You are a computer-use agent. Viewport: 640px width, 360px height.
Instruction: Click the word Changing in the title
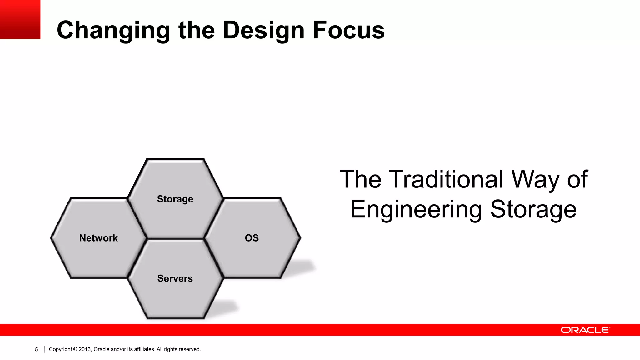(113, 31)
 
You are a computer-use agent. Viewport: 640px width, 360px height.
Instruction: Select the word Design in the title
(263, 31)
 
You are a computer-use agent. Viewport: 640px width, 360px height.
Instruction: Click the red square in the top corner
(20, 19)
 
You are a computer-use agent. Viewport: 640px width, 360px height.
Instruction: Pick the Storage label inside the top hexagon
(175, 199)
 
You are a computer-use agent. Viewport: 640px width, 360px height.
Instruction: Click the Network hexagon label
(98, 238)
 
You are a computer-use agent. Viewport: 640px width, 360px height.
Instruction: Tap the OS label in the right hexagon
(252, 238)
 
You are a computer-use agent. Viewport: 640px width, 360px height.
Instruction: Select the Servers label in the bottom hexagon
(175, 278)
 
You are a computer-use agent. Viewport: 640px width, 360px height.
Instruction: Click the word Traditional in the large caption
(447, 179)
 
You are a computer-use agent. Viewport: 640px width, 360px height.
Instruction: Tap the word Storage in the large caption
(533, 209)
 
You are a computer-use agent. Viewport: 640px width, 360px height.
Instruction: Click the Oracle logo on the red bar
(585, 330)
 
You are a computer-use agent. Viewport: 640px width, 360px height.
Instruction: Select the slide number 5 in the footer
(36, 350)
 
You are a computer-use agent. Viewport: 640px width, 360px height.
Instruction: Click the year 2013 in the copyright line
(85, 349)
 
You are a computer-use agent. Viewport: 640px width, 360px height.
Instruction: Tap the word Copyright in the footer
(60, 349)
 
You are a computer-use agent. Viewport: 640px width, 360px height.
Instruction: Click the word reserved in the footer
(190, 349)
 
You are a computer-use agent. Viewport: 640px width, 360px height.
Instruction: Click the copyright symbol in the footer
(75, 349)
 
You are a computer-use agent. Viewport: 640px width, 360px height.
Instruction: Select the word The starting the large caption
(360, 179)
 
